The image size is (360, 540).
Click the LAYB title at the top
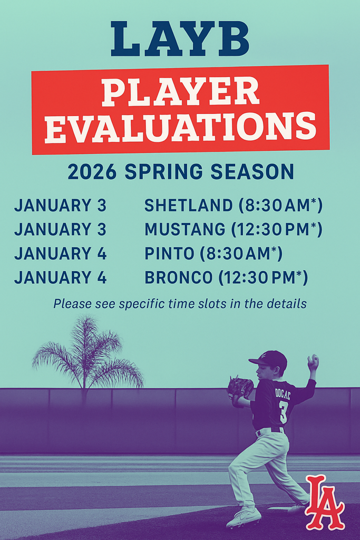click(x=180, y=39)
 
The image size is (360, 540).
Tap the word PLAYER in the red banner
click(x=180, y=92)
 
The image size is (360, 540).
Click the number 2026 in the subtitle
click(x=92, y=172)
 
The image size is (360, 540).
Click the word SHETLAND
click(x=189, y=205)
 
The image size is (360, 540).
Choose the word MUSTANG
click(x=185, y=229)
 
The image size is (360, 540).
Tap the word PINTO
click(x=169, y=254)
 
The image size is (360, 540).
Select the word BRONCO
click(x=178, y=277)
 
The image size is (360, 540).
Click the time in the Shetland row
click(x=280, y=205)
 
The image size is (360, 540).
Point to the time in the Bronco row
click(x=264, y=277)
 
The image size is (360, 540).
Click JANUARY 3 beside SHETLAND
click(x=60, y=205)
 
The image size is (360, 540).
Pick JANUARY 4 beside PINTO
click(x=60, y=254)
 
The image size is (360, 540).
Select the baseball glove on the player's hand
click(x=240, y=388)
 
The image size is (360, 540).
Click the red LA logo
click(x=324, y=502)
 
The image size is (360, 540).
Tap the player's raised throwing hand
click(x=313, y=362)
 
